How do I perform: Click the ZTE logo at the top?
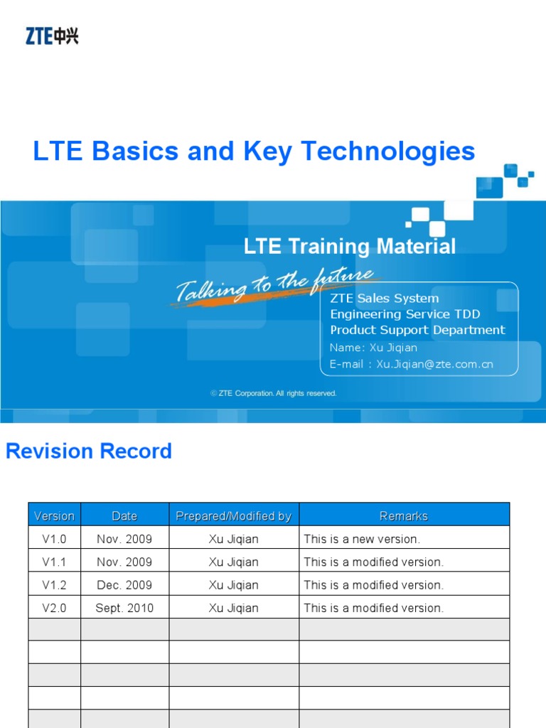pyautogui.click(x=52, y=36)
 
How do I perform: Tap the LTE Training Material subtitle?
pyautogui.click(x=349, y=247)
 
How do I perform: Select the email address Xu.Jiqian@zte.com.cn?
pyautogui.click(x=434, y=364)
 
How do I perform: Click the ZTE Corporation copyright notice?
pyautogui.click(x=274, y=393)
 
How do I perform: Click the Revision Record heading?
pyautogui.click(x=89, y=451)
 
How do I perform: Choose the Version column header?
pyautogui.click(x=54, y=516)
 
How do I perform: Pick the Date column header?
pyautogui.click(x=124, y=516)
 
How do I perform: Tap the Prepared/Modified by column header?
pyautogui.click(x=234, y=516)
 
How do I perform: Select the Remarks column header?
pyautogui.click(x=404, y=516)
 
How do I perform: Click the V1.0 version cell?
pyautogui.click(x=54, y=539)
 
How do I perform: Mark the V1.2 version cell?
pyautogui.click(x=54, y=585)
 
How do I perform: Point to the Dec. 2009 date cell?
pyautogui.click(x=124, y=585)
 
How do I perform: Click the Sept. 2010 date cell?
pyautogui.click(x=124, y=608)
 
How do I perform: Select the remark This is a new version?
pyautogui.click(x=362, y=539)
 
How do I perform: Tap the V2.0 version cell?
pyautogui.click(x=54, y=608)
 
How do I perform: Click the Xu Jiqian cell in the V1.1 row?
pyautogui.click(x=234, y=562)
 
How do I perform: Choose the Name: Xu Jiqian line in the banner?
pyautogui.click(x=373, y=348)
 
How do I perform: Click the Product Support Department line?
pyautogui.click(x=417, y=330)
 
